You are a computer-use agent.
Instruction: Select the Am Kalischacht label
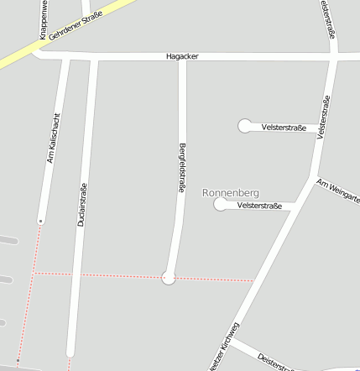[54, 138]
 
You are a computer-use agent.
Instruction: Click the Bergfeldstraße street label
[181, 168]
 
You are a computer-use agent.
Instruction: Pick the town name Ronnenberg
[231, 193]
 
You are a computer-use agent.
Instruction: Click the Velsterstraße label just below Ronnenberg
[259, 206]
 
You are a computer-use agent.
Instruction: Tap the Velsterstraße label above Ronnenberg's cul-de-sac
[284, 128]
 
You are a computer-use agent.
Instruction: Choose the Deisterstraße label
[275, 360]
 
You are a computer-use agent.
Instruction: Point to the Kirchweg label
[224, 346]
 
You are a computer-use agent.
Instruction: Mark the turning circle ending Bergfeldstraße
[169, 276]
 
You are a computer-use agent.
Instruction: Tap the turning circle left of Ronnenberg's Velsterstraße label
[221, 204]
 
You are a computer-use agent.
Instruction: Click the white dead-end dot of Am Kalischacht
[39, 221]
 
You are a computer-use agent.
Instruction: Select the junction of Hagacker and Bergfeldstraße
[181, 57]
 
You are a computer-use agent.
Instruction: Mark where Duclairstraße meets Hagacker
[93, 57]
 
